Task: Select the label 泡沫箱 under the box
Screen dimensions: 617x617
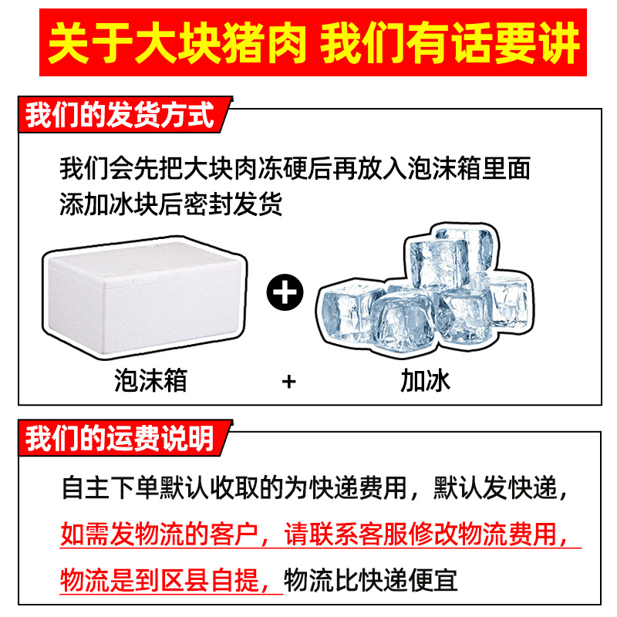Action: coord(151,379)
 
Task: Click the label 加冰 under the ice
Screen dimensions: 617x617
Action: coord(424,379)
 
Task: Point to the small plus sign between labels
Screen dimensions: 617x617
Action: coord(289,380)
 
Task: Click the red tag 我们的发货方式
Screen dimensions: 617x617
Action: coord(120,117)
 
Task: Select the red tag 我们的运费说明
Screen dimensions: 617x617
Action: coord(120,440)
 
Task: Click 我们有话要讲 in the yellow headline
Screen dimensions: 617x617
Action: coord(450,45)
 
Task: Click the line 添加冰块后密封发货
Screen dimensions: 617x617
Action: coord(171,204)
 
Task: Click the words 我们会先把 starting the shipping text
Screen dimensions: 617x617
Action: coord(108,168)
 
